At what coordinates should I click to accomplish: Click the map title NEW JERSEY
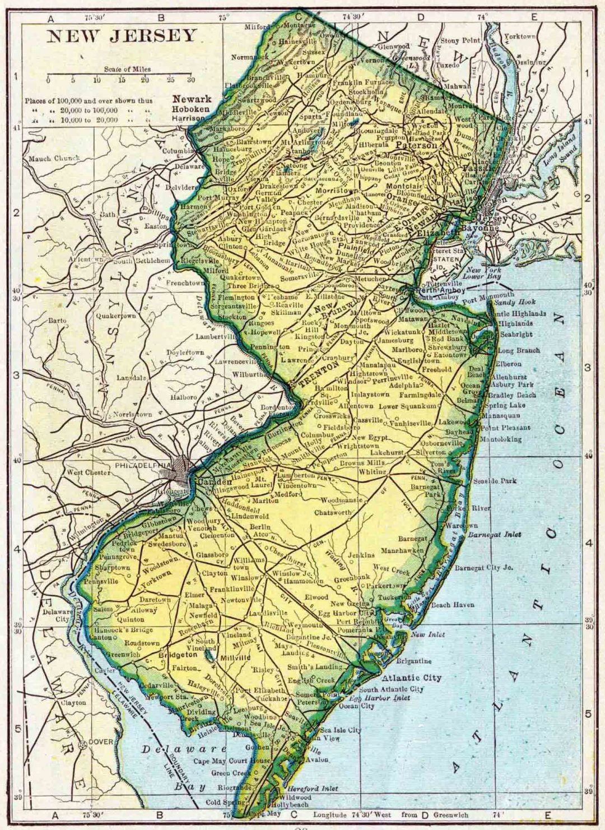tap(122, 36)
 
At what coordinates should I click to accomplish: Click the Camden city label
tap(212, 482)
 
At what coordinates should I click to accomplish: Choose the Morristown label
tap(337, 191)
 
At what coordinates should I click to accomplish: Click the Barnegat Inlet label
tap(495, 535)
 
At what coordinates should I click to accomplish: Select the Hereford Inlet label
tap(313, 788)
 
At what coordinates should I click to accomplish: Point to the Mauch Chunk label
tap(54, 159)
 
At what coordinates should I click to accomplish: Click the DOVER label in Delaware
tap(101, 741)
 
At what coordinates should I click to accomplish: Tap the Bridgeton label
tap(178, 655)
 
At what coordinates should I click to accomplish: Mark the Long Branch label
tap(519, 350)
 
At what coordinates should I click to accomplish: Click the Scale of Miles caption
tap(127, 69)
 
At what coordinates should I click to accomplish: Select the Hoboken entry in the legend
tap(191, 109)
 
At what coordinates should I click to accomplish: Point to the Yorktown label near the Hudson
tap(520, 36)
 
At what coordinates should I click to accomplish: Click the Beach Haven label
tap(453, 605)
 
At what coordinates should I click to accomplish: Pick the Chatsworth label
tap(333, 512)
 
